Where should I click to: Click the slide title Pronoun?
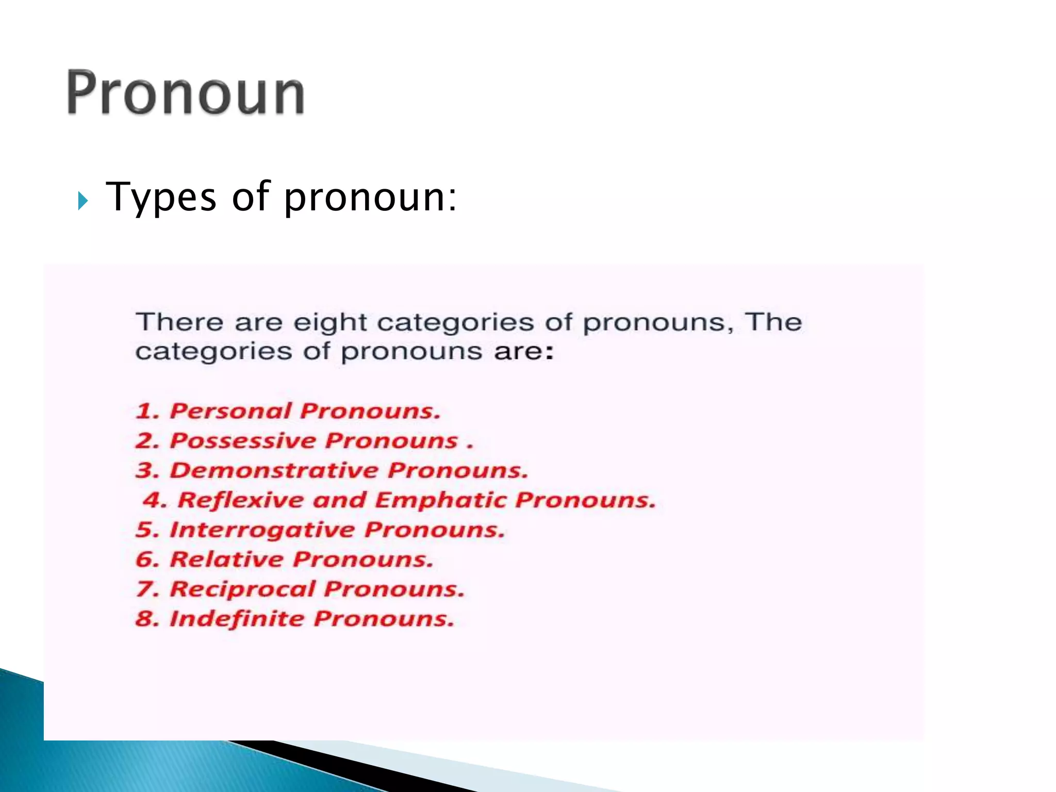coord(186,93)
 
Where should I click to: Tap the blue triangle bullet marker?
coord(83,201)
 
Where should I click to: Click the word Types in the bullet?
coord(161,197)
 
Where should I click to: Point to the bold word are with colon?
coord(523,352)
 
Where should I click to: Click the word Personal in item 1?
coord(230,411)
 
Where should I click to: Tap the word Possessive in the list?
coord(243,441)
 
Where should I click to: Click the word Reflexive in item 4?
coord(241,501)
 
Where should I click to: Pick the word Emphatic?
coord(441,501)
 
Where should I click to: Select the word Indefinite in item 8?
coord(237,619)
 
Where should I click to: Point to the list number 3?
coord(145,471)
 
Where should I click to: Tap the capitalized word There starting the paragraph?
coord(179,322)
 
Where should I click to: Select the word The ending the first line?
coord(773,322)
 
